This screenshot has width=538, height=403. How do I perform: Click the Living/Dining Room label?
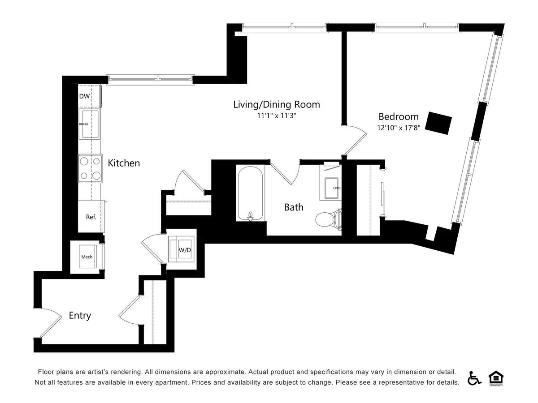coord(277,104)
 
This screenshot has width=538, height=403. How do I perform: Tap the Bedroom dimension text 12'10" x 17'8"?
coord(398,128)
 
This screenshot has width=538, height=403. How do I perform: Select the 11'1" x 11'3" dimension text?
coord(277,116)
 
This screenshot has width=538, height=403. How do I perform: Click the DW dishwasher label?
coord(84,96)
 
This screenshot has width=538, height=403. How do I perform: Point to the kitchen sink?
coord(89,124)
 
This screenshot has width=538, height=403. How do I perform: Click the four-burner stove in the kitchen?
coord(90,168)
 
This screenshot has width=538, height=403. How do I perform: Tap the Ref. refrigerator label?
coord(91,217)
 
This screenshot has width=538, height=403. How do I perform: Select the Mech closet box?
coord(87,257)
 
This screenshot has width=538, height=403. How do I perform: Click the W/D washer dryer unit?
coord(182,249)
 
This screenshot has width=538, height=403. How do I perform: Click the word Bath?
coord(294,207)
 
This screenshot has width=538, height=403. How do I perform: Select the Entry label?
coord(80,315)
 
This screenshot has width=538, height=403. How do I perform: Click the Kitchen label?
coord(124,163)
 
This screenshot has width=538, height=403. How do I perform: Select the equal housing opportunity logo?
coord(495,378)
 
